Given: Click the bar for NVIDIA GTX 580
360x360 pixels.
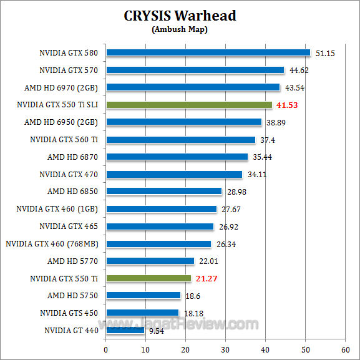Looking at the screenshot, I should (x=208, y=53).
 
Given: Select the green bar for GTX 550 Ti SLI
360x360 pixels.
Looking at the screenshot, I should (x=189, y=105).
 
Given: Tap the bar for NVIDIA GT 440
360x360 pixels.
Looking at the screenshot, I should (x=125, y=330).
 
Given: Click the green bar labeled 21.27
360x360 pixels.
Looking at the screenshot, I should (x=148, y=278).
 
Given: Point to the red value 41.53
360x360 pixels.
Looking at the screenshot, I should (x=288, y=105).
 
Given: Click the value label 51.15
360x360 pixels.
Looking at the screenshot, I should (x=325, y=54).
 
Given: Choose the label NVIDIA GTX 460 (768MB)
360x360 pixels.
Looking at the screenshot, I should (x=52, y=243).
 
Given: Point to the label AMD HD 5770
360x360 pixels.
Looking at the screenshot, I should (x=74, y=261).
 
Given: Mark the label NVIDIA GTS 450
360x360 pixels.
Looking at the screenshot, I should (x=69, y=313).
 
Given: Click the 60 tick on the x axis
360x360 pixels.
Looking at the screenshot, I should (x=345, y=349).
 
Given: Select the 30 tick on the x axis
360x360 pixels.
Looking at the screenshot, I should (x=226, y=349).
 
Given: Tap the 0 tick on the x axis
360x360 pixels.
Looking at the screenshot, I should (x=106, y=349).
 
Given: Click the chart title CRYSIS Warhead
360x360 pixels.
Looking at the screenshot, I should (x=180, y=15).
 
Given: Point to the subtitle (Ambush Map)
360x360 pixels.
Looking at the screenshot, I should (x=180, y=29).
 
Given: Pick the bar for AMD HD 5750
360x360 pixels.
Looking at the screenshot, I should (x=144, y=296).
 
